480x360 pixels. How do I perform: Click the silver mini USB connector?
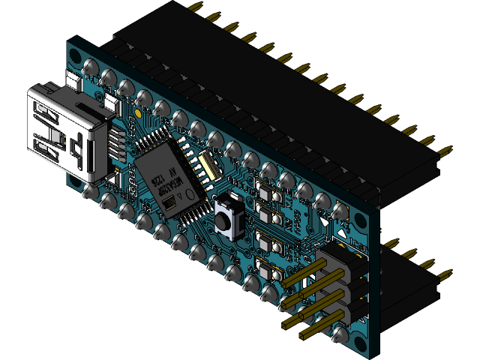64,131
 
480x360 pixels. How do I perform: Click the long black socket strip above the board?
285,90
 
